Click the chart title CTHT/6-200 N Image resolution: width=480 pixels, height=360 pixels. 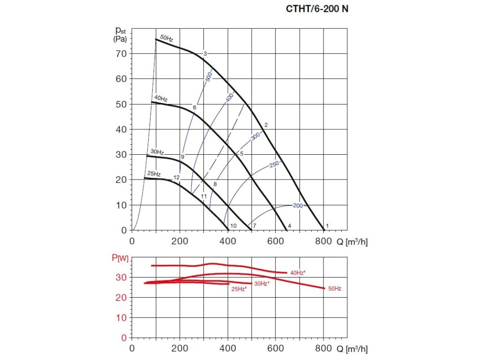coord(317,8)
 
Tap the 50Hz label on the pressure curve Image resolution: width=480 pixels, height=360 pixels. coord(166,37)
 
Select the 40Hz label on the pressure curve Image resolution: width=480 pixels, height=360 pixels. coord(161,98)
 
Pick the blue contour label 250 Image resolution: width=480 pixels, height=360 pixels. coord(274,164)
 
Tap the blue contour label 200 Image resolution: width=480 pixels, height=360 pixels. coord(298,206)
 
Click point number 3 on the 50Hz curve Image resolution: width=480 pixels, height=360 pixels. coord(205,54)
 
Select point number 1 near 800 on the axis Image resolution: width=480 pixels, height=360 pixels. coord(327,226)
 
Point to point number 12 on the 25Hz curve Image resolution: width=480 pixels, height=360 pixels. coord(176,178)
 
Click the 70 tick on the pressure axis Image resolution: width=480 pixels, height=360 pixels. coord(121,53)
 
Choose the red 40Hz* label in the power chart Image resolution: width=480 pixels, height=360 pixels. coord(298,273)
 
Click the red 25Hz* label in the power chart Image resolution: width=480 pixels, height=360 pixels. coord(239,289)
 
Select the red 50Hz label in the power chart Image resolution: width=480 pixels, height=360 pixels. coord(334,289)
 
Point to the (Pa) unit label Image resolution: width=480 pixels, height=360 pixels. coord(120,39)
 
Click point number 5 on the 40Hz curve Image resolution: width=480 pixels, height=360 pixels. coord(242,154)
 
